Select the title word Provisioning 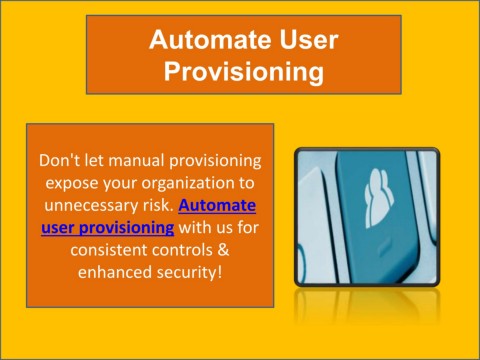tap(244, 72)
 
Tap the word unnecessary tap(91, 206)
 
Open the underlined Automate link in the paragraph tap(217, 206)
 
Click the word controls tap(187, 250)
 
